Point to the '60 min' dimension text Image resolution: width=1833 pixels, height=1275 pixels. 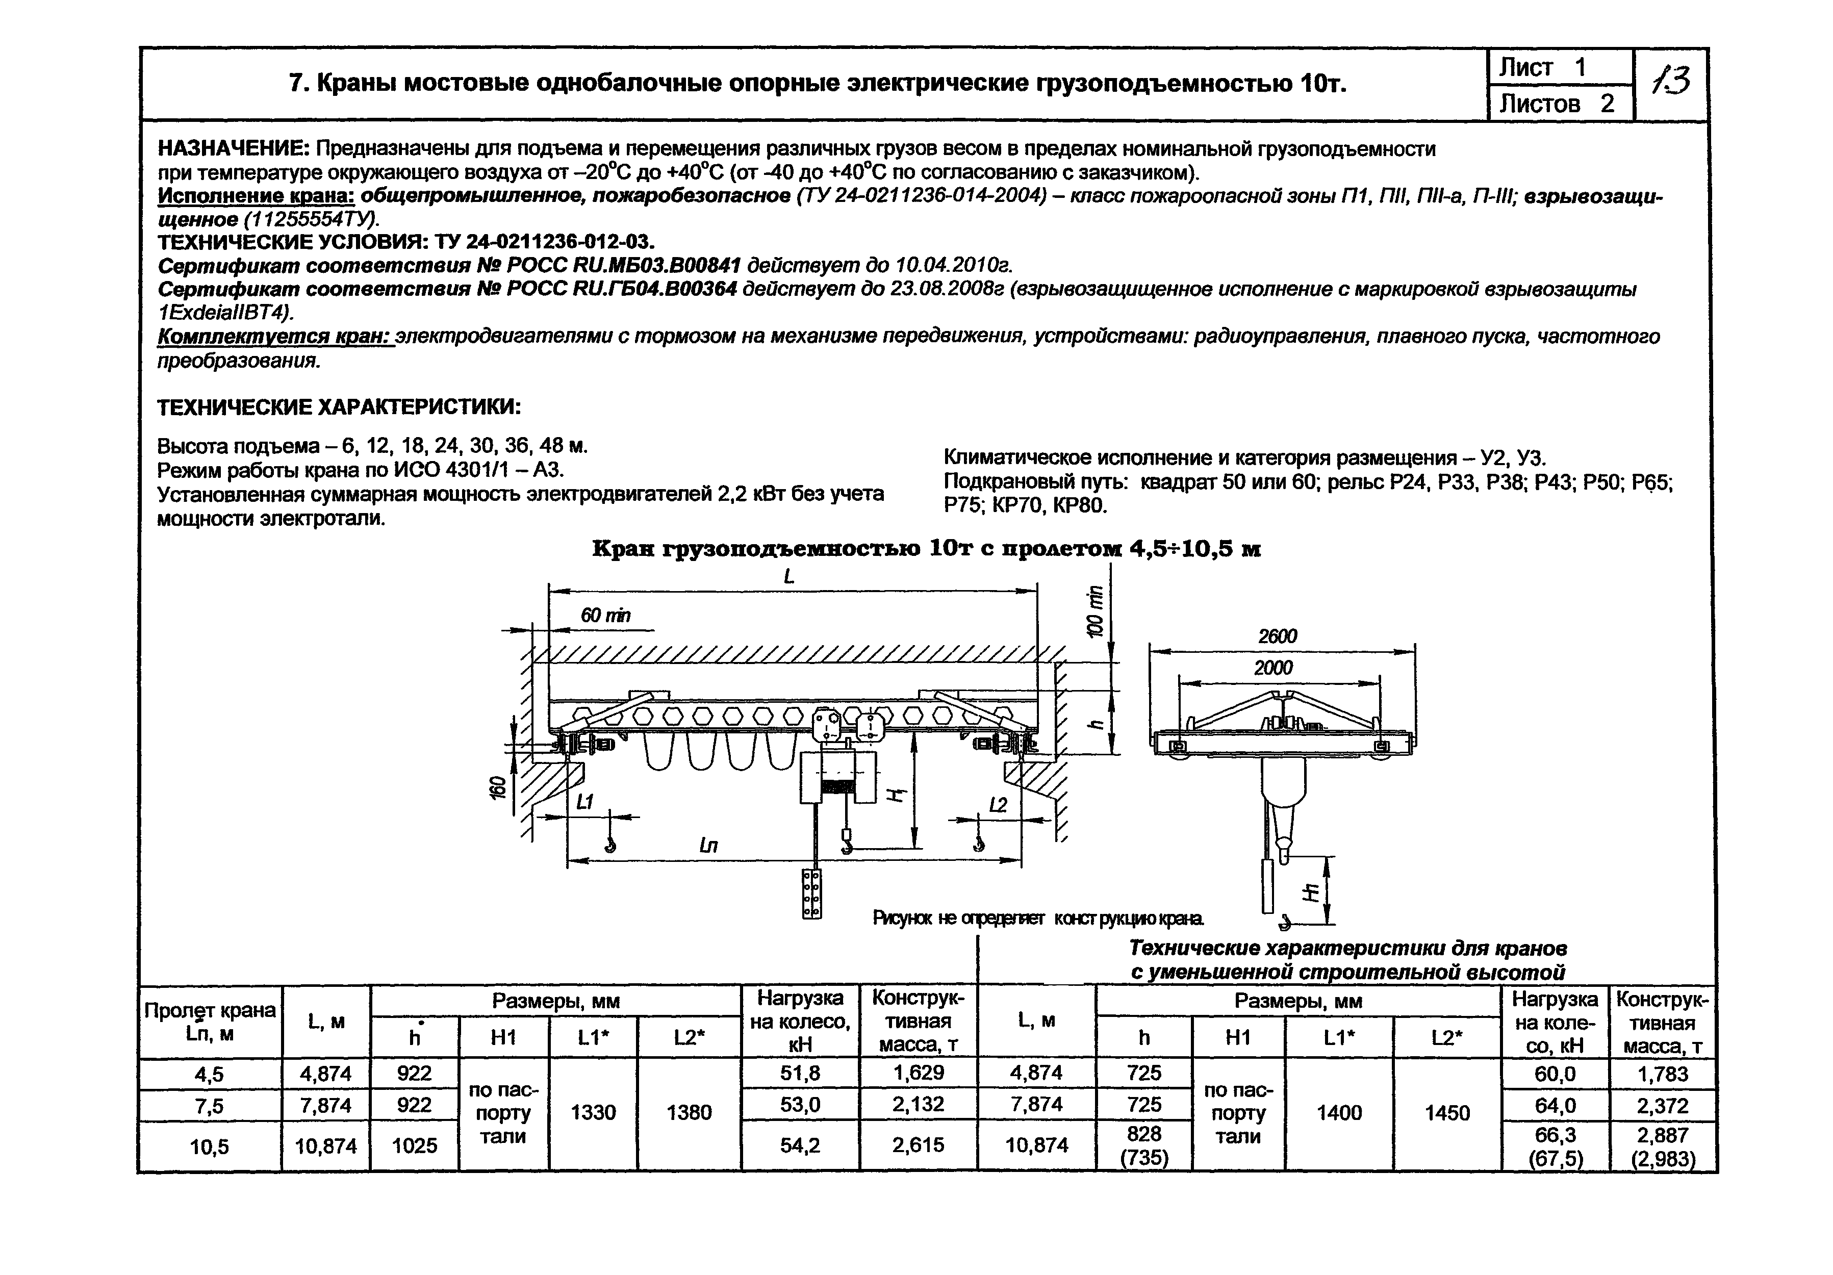(x=605, y=615)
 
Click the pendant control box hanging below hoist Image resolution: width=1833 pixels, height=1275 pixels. (x=811, y=894)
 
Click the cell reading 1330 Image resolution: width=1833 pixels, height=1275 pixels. (x=593, y=1112)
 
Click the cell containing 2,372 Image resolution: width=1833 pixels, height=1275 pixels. (x=1663, y=1106)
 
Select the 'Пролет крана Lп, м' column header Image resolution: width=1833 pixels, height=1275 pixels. (x=210, y=1021)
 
